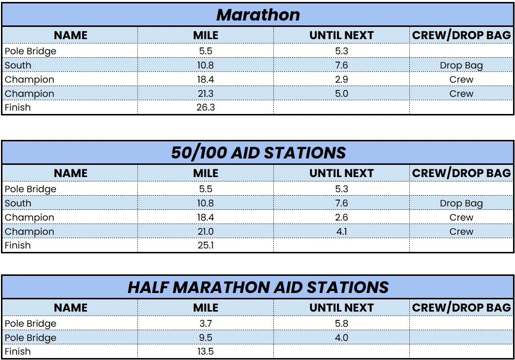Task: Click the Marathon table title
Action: (x=258, y=15)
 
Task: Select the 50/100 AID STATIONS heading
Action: (x=258, y=153)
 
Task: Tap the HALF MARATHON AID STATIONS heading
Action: (x=258, y=287)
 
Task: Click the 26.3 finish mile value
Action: (x=205, y=108)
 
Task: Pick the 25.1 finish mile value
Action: (x=205, y=246)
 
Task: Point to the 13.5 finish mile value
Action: (x=205, y=352)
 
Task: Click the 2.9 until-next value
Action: (x=341, y=80)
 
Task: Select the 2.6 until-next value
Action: (x=341, y=218)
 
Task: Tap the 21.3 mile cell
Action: (x=205, y=93)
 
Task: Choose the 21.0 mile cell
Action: (x=205, y=231)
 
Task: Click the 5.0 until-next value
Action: (x=341, y=93)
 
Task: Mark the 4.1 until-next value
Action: (x=341, y=231)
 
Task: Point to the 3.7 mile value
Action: (x=205, y=323)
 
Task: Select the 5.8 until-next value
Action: (x=341, y=323)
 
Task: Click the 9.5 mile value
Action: (x=205, y=337)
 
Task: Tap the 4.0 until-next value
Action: (x=341, y=337)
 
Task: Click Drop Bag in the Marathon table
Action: (x=462, y=66)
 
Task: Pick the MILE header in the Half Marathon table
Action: (x=205, y=308)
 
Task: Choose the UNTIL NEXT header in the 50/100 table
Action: (x=341, y=173)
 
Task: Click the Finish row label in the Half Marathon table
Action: (x=18, y=352)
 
